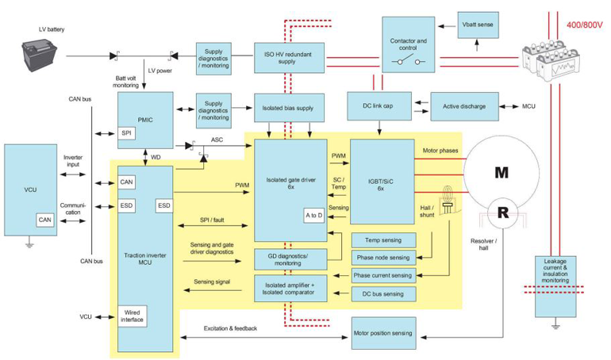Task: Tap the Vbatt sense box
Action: (x=478, y=25)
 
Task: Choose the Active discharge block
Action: (x=464, y=105)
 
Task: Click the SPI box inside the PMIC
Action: (x=127, y=132)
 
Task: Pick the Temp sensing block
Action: (x=382, y=239)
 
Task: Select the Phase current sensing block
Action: (x=382, y=275)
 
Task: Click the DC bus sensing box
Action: (x=382, y=293)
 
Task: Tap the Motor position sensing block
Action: (x=382, y=333)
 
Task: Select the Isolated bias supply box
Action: (x=282, y=107)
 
